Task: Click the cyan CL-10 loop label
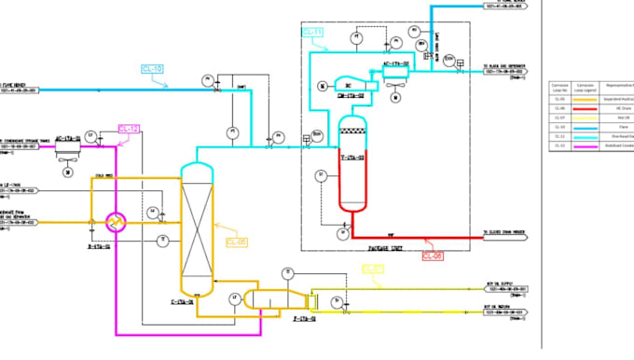point(152,69)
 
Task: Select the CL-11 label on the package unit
point(312,33)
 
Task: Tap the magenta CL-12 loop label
point(130,128)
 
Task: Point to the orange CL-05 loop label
point(237,242)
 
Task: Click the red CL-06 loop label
point(433,254)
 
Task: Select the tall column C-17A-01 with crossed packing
point(196,228)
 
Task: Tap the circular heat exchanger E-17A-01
point(115,221)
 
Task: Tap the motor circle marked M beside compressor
point(322,87)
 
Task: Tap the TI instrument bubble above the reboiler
point(288,272)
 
